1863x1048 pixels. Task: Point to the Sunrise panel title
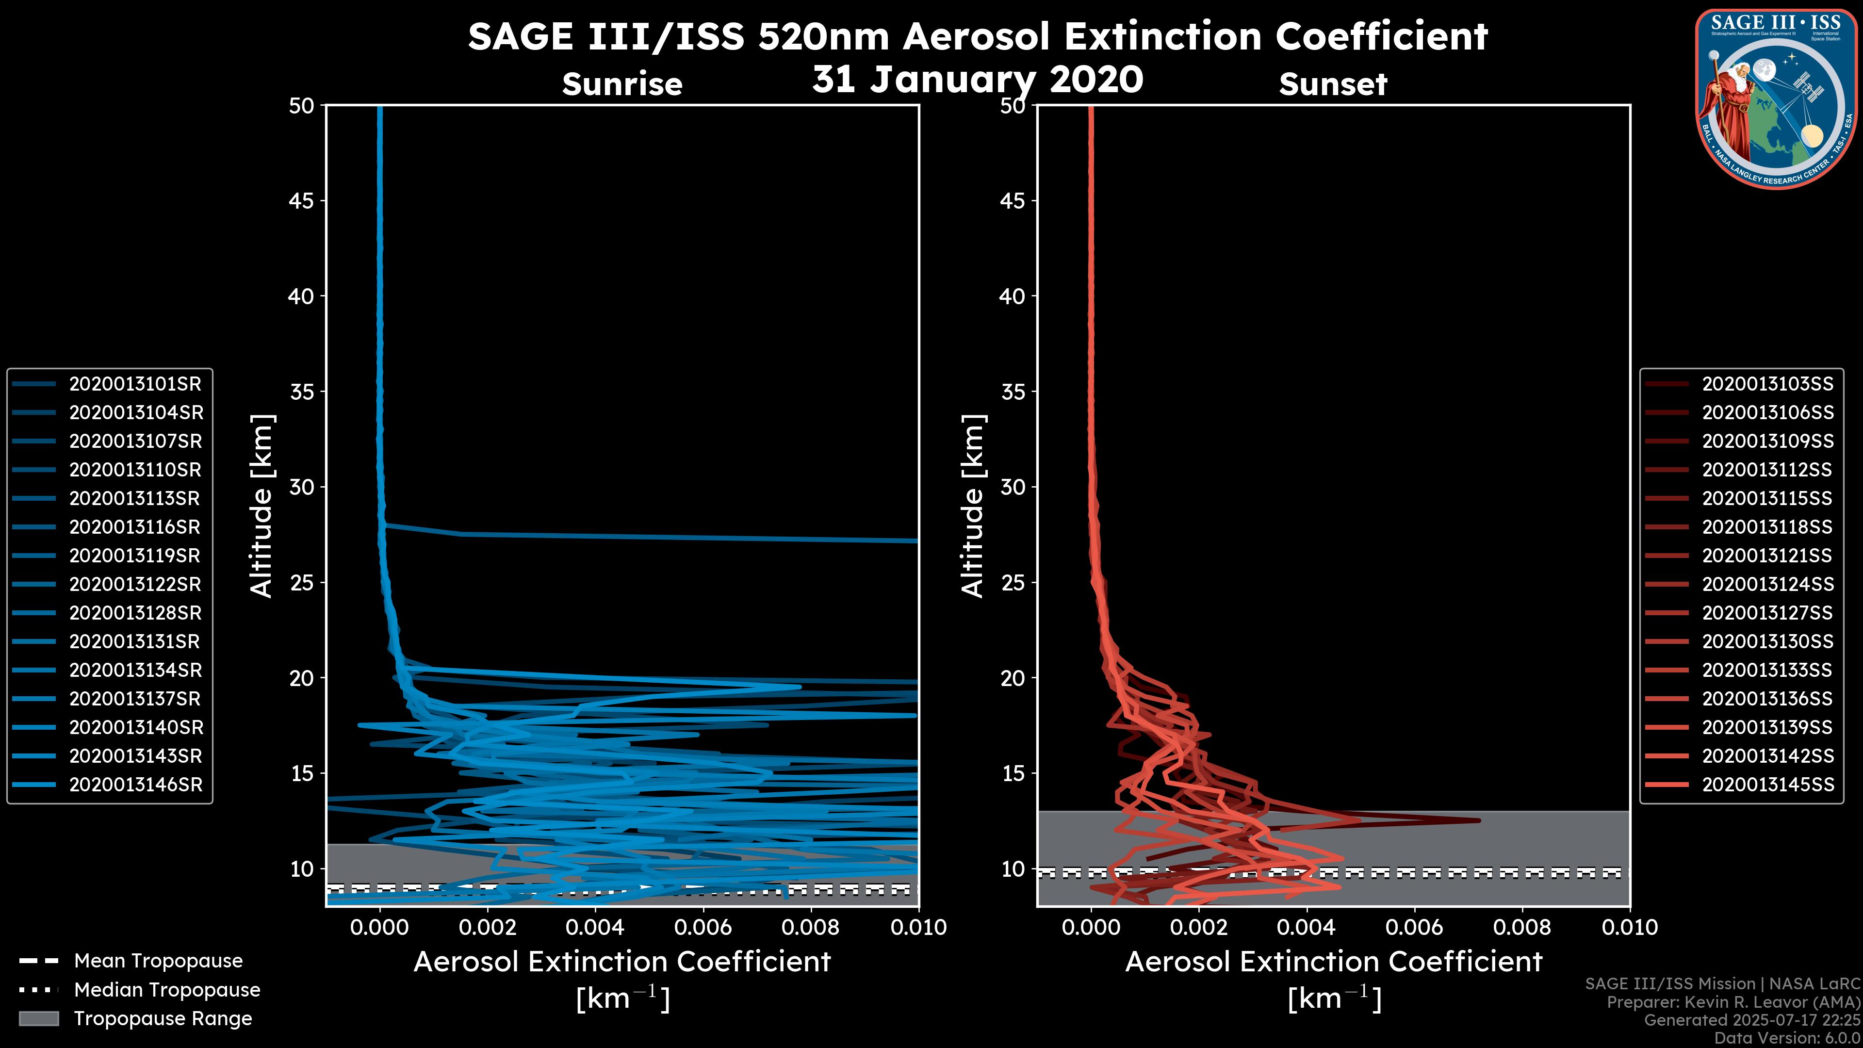(x=622, y=84)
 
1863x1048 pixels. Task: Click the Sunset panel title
(x=1333, y=84)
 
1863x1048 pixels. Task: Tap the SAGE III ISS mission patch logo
(x=1776, y=98)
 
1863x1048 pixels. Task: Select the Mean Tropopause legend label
(x=158, y=961)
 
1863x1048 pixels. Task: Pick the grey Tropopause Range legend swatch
(x=38, y=1019)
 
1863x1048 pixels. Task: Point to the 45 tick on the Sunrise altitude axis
(x=302, y=200)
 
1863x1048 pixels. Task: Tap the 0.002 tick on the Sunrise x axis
(x=488, y=927)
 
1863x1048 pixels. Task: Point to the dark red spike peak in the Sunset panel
(x=1478, y=820)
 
